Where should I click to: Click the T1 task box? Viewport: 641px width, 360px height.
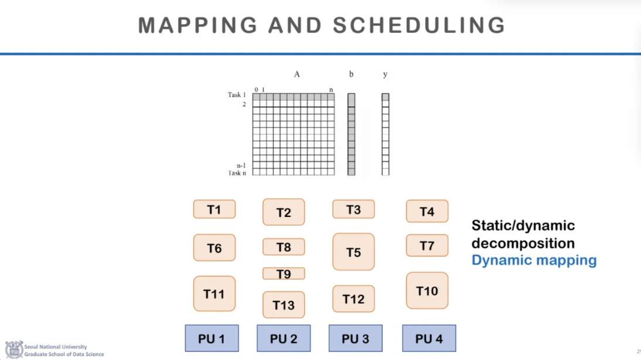214,209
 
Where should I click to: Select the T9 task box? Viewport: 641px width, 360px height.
284,274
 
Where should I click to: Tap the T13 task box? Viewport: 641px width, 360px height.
284,305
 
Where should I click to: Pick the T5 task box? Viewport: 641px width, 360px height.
353,252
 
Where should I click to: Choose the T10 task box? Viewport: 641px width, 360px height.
427,291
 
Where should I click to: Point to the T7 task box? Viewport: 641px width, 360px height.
427,246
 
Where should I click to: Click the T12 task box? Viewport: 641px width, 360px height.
353,299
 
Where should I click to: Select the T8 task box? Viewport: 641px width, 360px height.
284,247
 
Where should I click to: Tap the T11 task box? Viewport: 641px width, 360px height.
214,294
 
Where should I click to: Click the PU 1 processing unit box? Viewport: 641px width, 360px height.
212,338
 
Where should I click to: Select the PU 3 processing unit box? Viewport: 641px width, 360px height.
355,338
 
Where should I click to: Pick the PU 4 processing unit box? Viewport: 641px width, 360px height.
429,338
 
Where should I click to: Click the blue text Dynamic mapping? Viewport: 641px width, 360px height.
534,260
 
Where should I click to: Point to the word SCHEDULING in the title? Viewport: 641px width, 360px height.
419,25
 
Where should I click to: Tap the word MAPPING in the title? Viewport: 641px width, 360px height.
197,25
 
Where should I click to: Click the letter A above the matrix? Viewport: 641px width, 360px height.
297,74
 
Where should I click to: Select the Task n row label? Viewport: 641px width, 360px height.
237,173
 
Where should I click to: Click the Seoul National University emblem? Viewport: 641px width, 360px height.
13,350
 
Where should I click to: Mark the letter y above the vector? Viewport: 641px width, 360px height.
385,74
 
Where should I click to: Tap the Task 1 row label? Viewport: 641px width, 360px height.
237,95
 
